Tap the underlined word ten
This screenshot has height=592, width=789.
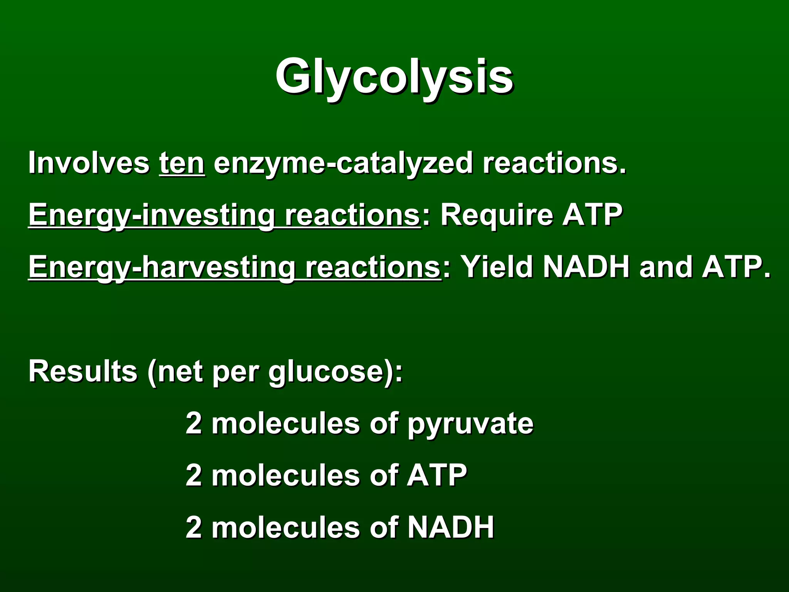tap(182, 163)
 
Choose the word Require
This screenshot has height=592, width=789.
tap(497, 215)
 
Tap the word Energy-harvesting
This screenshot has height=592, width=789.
tap(162, 267)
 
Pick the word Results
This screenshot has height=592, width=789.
tap(83, 371)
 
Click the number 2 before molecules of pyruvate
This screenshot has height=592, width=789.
tap(194, 423)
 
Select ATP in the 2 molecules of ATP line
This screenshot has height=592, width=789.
tap(437, 475)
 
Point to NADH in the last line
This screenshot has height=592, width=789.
tap(451, 527)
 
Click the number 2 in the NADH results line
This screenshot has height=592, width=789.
tap(194, 527)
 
